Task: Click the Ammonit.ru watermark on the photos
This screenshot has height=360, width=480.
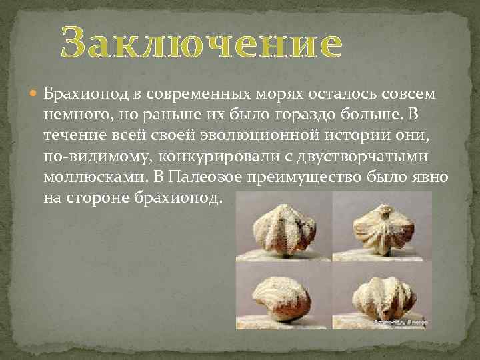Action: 400,321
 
